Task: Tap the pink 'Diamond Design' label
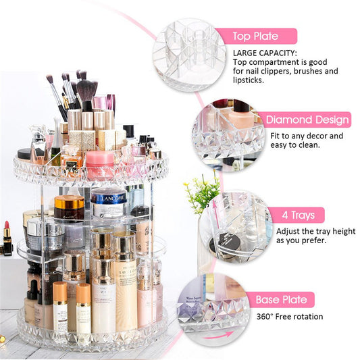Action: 307,120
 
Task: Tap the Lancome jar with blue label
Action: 108,203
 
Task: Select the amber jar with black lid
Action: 70,207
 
